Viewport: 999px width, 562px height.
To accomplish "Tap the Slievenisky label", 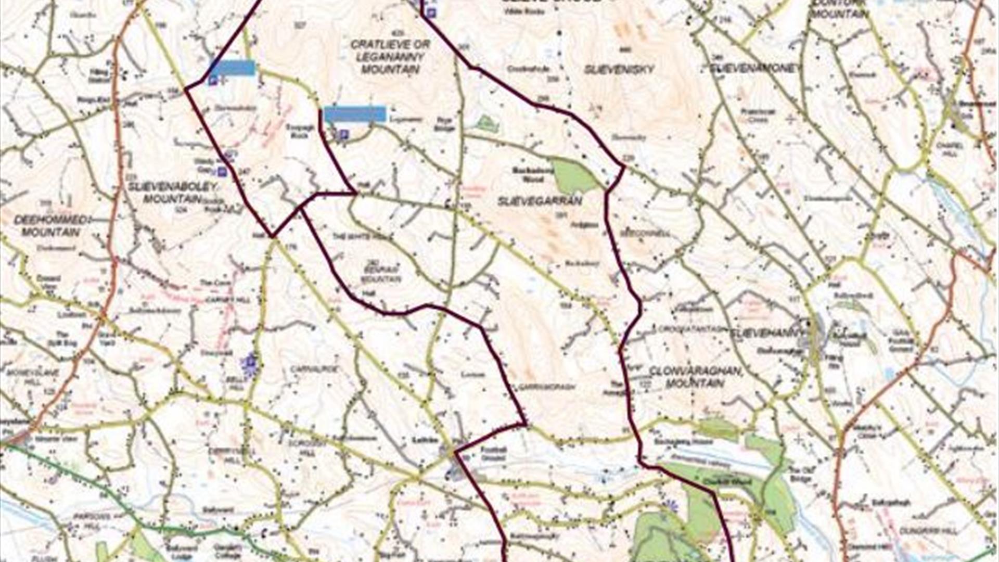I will click(x=619, y=69).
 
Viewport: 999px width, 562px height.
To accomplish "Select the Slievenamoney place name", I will click(x=754, y=68).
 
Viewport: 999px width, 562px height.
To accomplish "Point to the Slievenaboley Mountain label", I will click(x=165, y=192).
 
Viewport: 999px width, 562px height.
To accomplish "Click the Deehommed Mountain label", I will click(x=50, y=226).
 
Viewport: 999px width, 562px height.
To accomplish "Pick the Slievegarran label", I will click(x=540, y=201).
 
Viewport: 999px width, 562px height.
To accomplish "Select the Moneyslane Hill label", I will click(x=32, y=377).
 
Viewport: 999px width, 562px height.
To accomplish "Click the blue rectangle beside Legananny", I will click(x=355, y=114).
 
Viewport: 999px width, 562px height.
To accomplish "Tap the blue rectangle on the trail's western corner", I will click(x=232, y=68).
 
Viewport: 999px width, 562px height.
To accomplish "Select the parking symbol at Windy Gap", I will click(x=222, y=171).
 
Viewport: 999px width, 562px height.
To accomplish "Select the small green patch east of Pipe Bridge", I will click(x=486, y=124).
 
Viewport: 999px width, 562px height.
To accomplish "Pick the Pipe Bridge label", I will click(x=445, y=124).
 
